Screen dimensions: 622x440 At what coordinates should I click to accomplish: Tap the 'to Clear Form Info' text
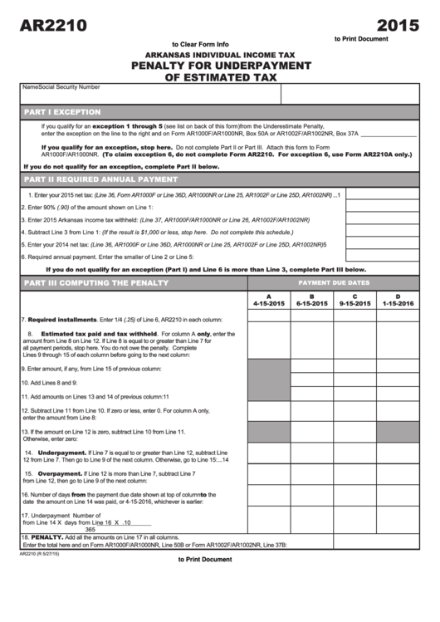tap(199, 44)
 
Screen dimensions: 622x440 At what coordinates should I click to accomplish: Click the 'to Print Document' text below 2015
tap(361, 39)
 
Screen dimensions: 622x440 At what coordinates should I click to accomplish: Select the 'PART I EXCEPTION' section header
tap(62, 111)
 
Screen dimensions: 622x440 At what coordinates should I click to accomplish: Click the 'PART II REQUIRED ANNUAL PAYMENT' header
tap(100, 179)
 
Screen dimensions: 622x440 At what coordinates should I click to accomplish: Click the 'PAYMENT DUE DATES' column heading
tap(334, 283)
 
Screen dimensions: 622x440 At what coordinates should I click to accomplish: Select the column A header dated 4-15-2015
tap(268, 301)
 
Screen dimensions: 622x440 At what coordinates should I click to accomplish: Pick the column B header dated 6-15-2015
tap(312, 301)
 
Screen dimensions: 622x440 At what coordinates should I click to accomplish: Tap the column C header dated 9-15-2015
tap(355, 301)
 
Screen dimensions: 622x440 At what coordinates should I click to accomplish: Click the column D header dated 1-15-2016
tap(398, 301)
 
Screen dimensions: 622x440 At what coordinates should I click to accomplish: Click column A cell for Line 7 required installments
tap(268, 319)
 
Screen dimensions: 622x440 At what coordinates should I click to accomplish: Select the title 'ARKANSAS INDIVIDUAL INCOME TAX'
tap(220, 55)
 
